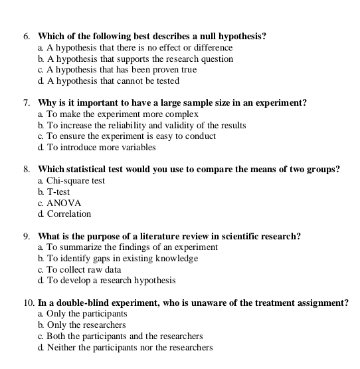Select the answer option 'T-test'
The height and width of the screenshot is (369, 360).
pyautogui.click(x=58, y=191)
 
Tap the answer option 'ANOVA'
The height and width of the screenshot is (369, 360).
pyautogui.click(x=64, y=203)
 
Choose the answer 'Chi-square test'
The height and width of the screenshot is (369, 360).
pyautogui.click(x=75, y=181)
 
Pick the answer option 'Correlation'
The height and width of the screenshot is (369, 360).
pyautogui.click(x=68, y=214)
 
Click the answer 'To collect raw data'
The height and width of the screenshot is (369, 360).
pyautogui.click(x=84, y=269)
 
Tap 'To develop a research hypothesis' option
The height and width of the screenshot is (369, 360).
pyautogui.click(x=111, y=281)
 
